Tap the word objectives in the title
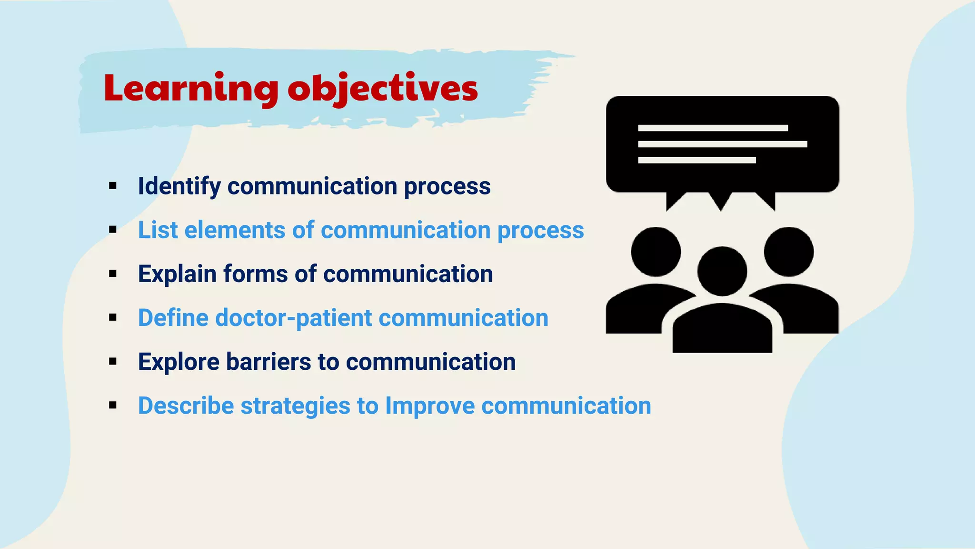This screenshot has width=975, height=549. coord(382,89)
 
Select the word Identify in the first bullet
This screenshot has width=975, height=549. coord(179,186)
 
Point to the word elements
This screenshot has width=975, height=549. coord(234,230)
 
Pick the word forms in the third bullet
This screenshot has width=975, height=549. coord(255,274)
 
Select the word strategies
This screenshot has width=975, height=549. coord(295,406)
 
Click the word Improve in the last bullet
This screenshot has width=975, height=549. coord(429,406)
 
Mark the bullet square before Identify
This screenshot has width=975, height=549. coord(113,186)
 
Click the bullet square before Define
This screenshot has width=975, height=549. coord(113,317)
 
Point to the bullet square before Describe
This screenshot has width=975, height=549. coord(113,406)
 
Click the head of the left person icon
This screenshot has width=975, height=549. coord(656,252)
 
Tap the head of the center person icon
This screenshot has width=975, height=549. coord(722,271)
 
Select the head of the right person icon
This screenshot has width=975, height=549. coord(788,252)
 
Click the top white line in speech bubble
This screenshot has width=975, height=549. coord(713,128)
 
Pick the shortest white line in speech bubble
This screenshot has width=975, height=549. coord(696,160)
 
